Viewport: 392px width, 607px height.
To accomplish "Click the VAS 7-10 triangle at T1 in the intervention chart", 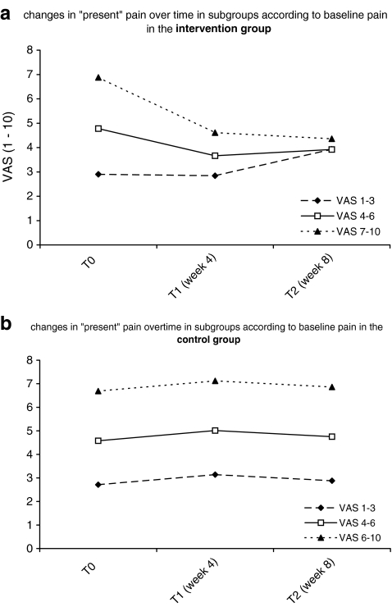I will [x=215, y=132].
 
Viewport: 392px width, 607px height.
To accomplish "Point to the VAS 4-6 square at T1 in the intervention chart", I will [x=215, y=156].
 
